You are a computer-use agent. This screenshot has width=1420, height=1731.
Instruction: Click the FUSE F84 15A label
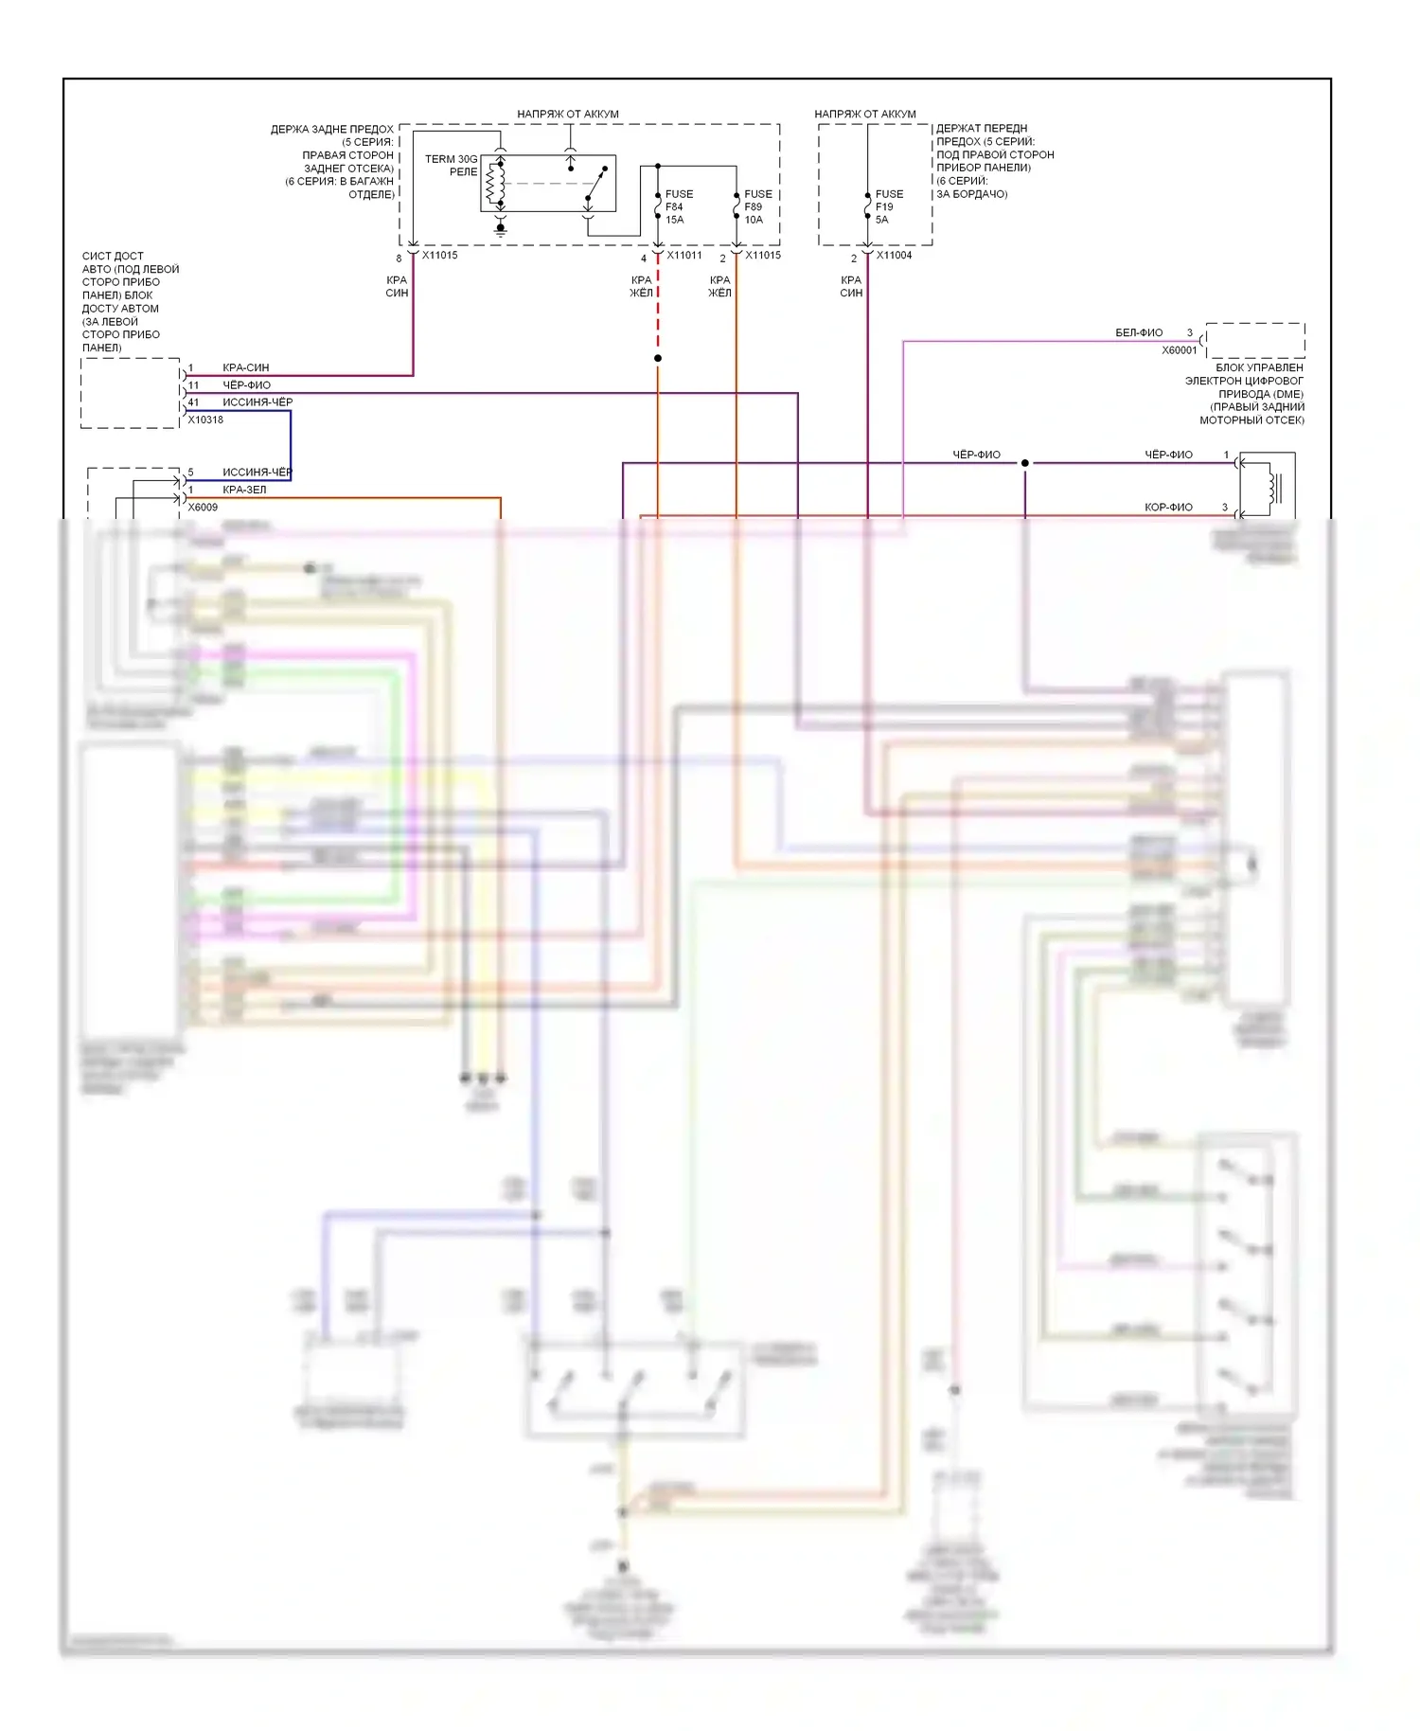[x=678, y=206]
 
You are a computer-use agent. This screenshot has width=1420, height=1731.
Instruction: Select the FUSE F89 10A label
[x=757, y=206]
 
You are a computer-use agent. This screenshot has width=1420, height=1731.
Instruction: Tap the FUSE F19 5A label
[x=888, y=206]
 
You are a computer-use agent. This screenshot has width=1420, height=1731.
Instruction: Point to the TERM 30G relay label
[x=451, y=165]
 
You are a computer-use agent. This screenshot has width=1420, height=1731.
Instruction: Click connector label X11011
[x=683, y=256]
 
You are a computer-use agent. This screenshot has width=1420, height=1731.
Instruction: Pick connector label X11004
[x=894, y=256]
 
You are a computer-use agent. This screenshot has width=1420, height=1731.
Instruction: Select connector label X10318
[x=205, y=419]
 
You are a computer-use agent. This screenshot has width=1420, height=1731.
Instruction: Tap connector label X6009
[x=203, y=508]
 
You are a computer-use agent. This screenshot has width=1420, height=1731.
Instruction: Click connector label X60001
[x=1180, y=350]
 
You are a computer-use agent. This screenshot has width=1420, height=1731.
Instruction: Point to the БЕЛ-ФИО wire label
[x=1139, y=333]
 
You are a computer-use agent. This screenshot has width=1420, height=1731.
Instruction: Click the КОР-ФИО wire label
[x=1168, y=508]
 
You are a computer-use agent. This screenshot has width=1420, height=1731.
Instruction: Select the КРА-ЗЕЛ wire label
[x=244, y=490]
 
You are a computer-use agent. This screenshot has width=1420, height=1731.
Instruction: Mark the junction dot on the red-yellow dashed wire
[x=658, y=358]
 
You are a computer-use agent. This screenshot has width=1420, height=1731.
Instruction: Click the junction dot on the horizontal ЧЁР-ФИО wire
[x=1024, y=463]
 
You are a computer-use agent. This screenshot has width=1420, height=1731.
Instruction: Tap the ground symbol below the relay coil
[x=500, y=228]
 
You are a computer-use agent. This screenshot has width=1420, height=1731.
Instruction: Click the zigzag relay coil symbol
[x=492, y=185]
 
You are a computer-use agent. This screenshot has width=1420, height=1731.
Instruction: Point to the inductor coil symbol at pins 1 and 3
[x=1273, y=488]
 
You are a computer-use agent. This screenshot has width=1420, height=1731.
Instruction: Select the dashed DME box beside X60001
[x=1254, y=339]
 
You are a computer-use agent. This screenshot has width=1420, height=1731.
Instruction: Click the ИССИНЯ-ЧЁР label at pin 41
[x=257, y=402]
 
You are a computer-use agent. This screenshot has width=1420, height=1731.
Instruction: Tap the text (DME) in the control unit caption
[x=1285, y=394]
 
